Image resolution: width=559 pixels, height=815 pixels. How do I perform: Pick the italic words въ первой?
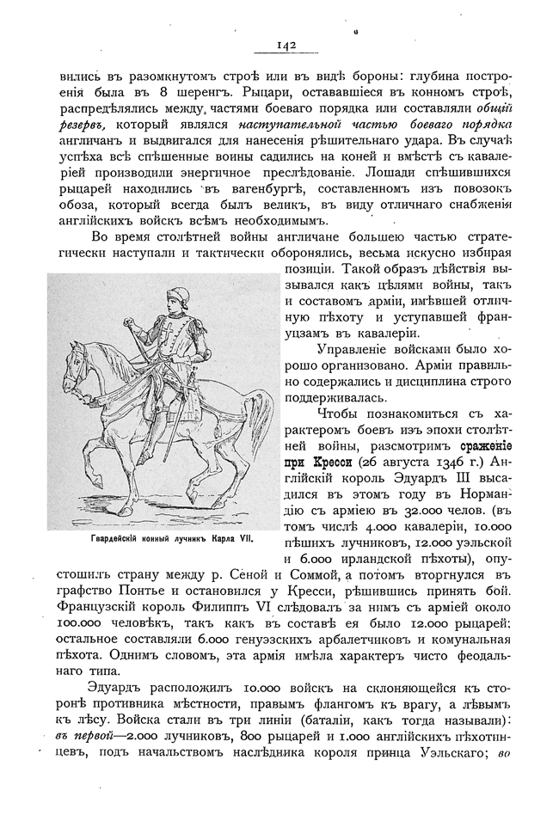click(75, 740)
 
